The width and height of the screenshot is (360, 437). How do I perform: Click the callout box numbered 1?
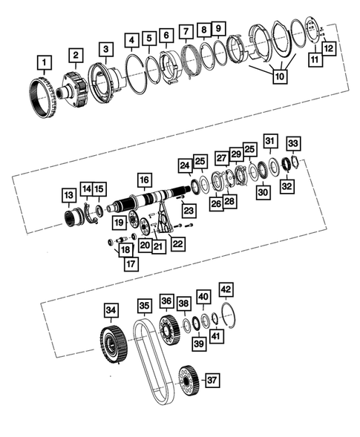click(46, 61)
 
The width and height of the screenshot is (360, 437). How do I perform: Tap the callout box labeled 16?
click(143, 180)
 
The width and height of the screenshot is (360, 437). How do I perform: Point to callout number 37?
click(213, 381)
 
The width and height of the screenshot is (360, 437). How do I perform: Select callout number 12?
click(327, 47)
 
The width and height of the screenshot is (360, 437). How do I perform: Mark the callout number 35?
click(144, 305)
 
